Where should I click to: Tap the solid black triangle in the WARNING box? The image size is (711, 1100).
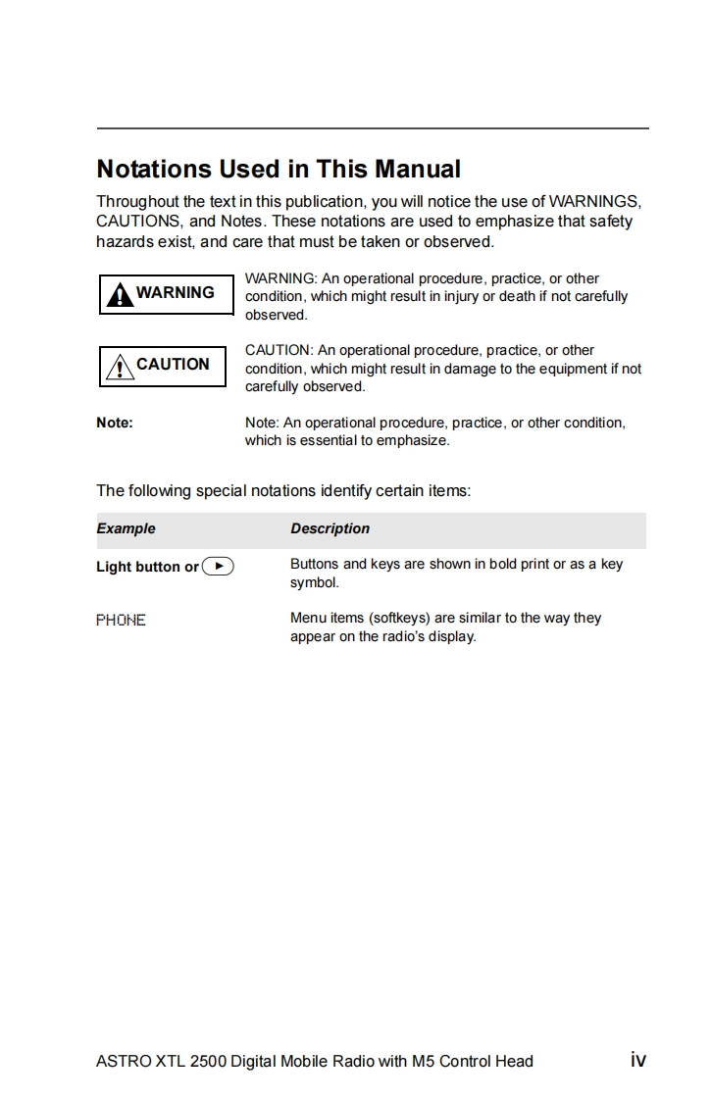click(x=120, y=294)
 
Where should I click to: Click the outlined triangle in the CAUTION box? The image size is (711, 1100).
click(x=120, y=367)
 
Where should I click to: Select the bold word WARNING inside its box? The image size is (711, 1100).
click(x=175, y=292)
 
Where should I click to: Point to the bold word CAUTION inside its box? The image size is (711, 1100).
click(x=173, y=364)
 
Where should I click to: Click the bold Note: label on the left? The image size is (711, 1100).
click(x=115, y=423)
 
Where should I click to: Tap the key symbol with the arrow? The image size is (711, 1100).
click(x=218, y=566)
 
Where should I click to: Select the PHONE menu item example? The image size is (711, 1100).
click(x=121, y=620)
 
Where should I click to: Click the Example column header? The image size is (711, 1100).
click(x=126, y=528)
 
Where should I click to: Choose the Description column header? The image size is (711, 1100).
click(x=330, y=528)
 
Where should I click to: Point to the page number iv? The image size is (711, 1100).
click(x=637, y=1059)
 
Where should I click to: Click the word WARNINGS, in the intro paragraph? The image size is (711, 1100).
click(x=595, y=202)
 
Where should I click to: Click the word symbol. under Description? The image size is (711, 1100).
click(x=314, y=582)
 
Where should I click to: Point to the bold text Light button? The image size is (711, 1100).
click(x=138, y=567)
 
